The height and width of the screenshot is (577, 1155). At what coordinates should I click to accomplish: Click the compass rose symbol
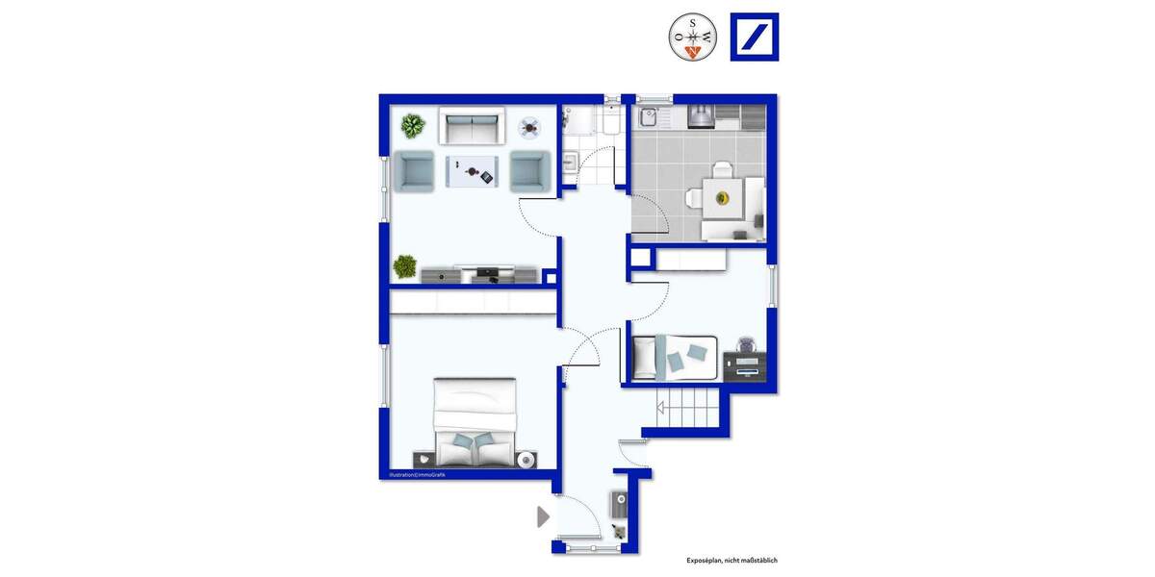(x=693, y=38)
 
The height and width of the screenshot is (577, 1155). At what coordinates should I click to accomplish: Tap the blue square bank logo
(x=755, y=38)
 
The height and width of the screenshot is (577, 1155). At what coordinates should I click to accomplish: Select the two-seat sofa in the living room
(x=472, y=126)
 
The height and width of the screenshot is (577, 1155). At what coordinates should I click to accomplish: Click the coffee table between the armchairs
(x=472, y=172)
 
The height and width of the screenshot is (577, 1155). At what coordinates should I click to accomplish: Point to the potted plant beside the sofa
(x=413, y=126)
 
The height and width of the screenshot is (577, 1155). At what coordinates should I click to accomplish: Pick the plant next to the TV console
(x=405, y=266)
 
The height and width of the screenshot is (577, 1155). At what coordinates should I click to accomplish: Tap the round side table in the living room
(x=530, y=126)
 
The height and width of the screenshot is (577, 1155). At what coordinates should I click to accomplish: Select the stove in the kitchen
(x=702, y=116)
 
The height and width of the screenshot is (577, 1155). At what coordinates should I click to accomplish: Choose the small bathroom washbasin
(x=568, y=162)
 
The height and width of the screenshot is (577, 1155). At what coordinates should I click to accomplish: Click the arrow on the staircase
(x=663, y=408)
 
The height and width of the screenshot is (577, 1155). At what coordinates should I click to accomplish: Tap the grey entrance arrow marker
(x=543, y=516)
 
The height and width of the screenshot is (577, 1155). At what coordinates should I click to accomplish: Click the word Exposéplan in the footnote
(x=706, y=560)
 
